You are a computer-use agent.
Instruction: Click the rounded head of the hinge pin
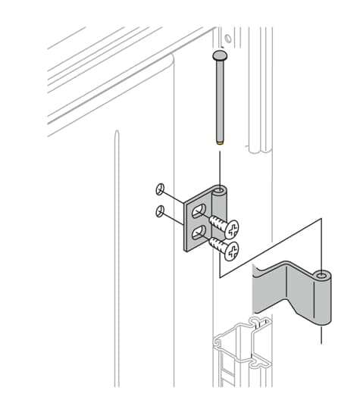point(220,56)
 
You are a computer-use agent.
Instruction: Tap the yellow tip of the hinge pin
point(220,141)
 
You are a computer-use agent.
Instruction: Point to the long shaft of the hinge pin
point(220,98)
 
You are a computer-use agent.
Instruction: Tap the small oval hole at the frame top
point(226,37)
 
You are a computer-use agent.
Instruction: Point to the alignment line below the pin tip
point(220,163)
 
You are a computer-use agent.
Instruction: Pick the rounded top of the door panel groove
point(116,134)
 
